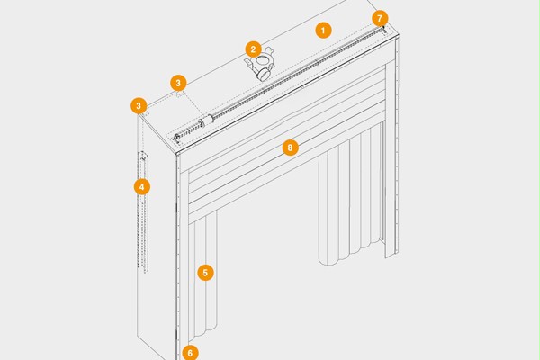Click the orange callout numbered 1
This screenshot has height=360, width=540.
(x=323, y=31)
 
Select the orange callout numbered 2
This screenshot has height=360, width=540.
(x=254, y=49)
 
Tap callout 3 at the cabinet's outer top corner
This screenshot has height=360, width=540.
(x=139, y=106)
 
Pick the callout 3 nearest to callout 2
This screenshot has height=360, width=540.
(x=178, y=83)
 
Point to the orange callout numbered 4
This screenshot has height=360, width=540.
(x=142, y=187)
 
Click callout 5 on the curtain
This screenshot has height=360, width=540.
(x=205, y=273)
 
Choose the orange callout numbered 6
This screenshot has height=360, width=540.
(x=190, y=353)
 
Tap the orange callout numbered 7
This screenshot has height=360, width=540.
(x=380, y=18)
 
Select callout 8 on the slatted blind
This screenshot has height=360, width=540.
(x=290, y=148)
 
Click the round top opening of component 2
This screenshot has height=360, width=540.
(x=263, y=61)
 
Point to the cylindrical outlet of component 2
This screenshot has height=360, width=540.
(x=265, y=74)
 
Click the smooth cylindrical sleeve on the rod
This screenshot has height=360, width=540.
(x=209, y=121)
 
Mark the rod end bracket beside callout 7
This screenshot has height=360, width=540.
(x=383, y=30)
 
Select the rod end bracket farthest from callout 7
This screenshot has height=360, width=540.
(x=177, y=138)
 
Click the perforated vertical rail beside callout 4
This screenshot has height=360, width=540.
(x=143, y=211)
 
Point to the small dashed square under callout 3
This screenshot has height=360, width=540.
(x=180, y=94)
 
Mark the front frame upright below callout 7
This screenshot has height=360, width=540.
(x=391, y=158)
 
